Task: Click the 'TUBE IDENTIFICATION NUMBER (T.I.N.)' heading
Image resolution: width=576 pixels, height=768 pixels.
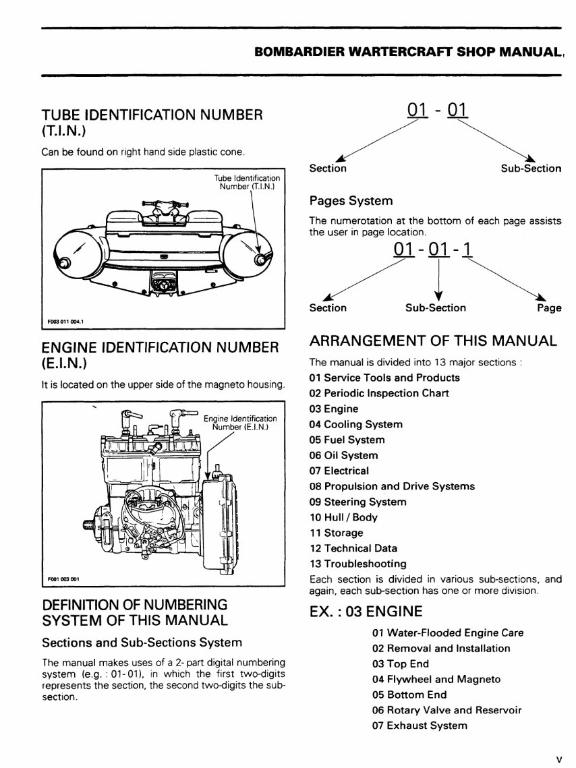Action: (x=152, y=122)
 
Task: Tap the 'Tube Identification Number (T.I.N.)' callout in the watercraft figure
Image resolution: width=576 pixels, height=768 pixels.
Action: (x=247, y=182)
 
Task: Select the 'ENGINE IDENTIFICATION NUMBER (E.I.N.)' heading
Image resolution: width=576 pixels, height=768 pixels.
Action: (x=160, y=355)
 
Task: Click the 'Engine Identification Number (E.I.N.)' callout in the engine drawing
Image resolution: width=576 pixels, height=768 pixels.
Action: (x=239, y=423)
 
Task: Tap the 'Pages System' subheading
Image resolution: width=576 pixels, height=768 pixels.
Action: (x=350, y=201)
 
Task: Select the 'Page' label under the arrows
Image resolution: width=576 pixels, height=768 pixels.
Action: (x=549, y=308)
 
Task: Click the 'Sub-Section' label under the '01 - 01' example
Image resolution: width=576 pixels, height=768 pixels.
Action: (x=531, y=169)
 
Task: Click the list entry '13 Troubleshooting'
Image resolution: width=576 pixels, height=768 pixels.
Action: (x=357, y=564)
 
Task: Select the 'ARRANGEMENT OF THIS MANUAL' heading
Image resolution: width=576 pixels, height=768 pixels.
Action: (x=432, y=341)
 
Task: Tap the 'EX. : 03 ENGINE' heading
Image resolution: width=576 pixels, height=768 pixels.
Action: (x=366, y=612)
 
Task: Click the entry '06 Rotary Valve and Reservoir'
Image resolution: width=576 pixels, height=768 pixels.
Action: (x=447, y=710)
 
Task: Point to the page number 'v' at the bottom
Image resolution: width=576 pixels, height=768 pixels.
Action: (x=558, y=759)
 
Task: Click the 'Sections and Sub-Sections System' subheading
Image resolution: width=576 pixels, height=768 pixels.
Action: (x=142, y=642)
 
